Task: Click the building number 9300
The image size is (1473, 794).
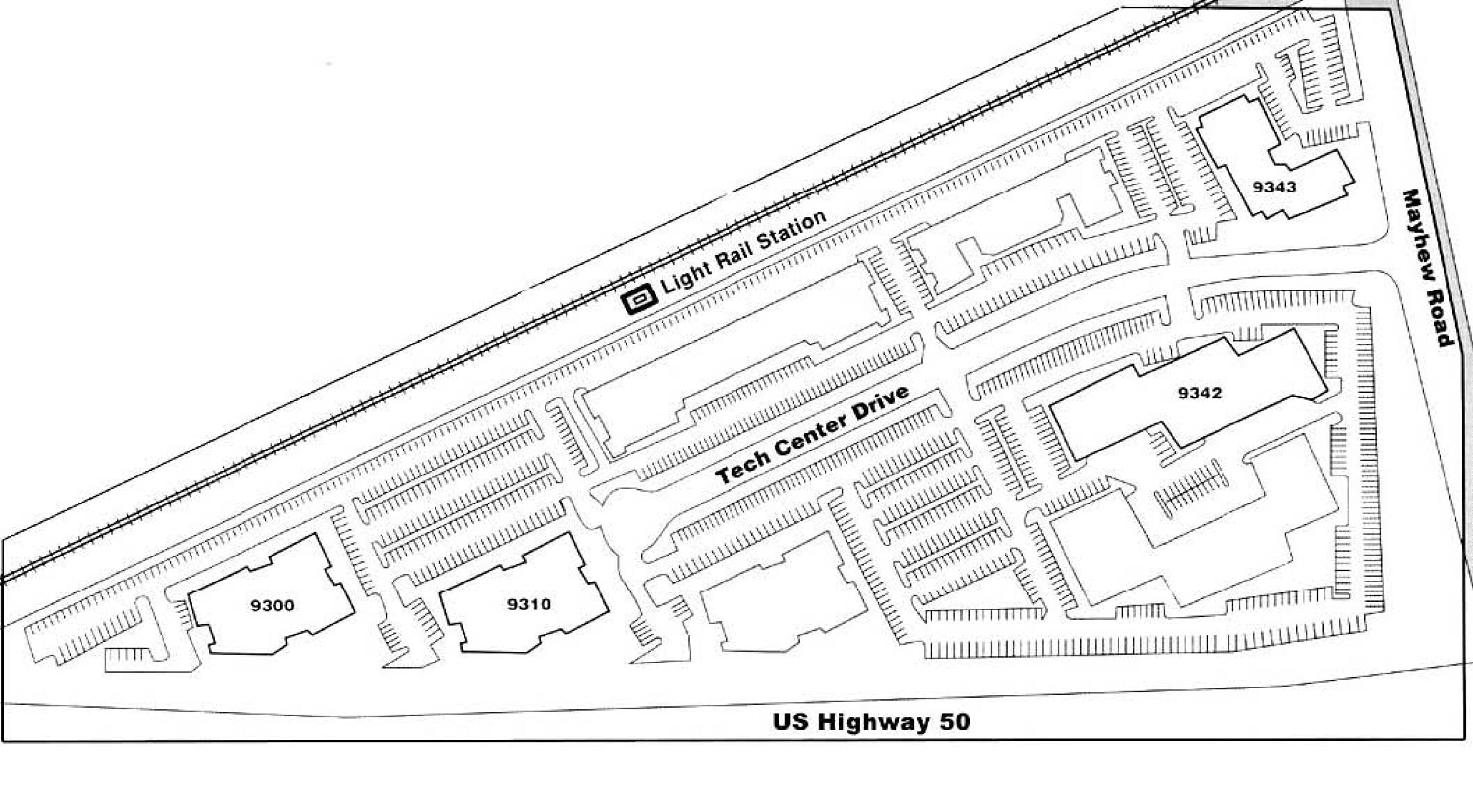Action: tap(272, 605)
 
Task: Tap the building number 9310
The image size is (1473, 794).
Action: tap(529, 604)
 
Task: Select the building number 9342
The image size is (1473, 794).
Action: tap(1200, 393)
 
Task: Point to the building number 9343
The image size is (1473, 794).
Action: tap(1275, 187)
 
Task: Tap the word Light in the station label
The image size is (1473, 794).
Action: tap(686, 277)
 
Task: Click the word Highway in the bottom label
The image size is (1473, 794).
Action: tap(875, 722)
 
